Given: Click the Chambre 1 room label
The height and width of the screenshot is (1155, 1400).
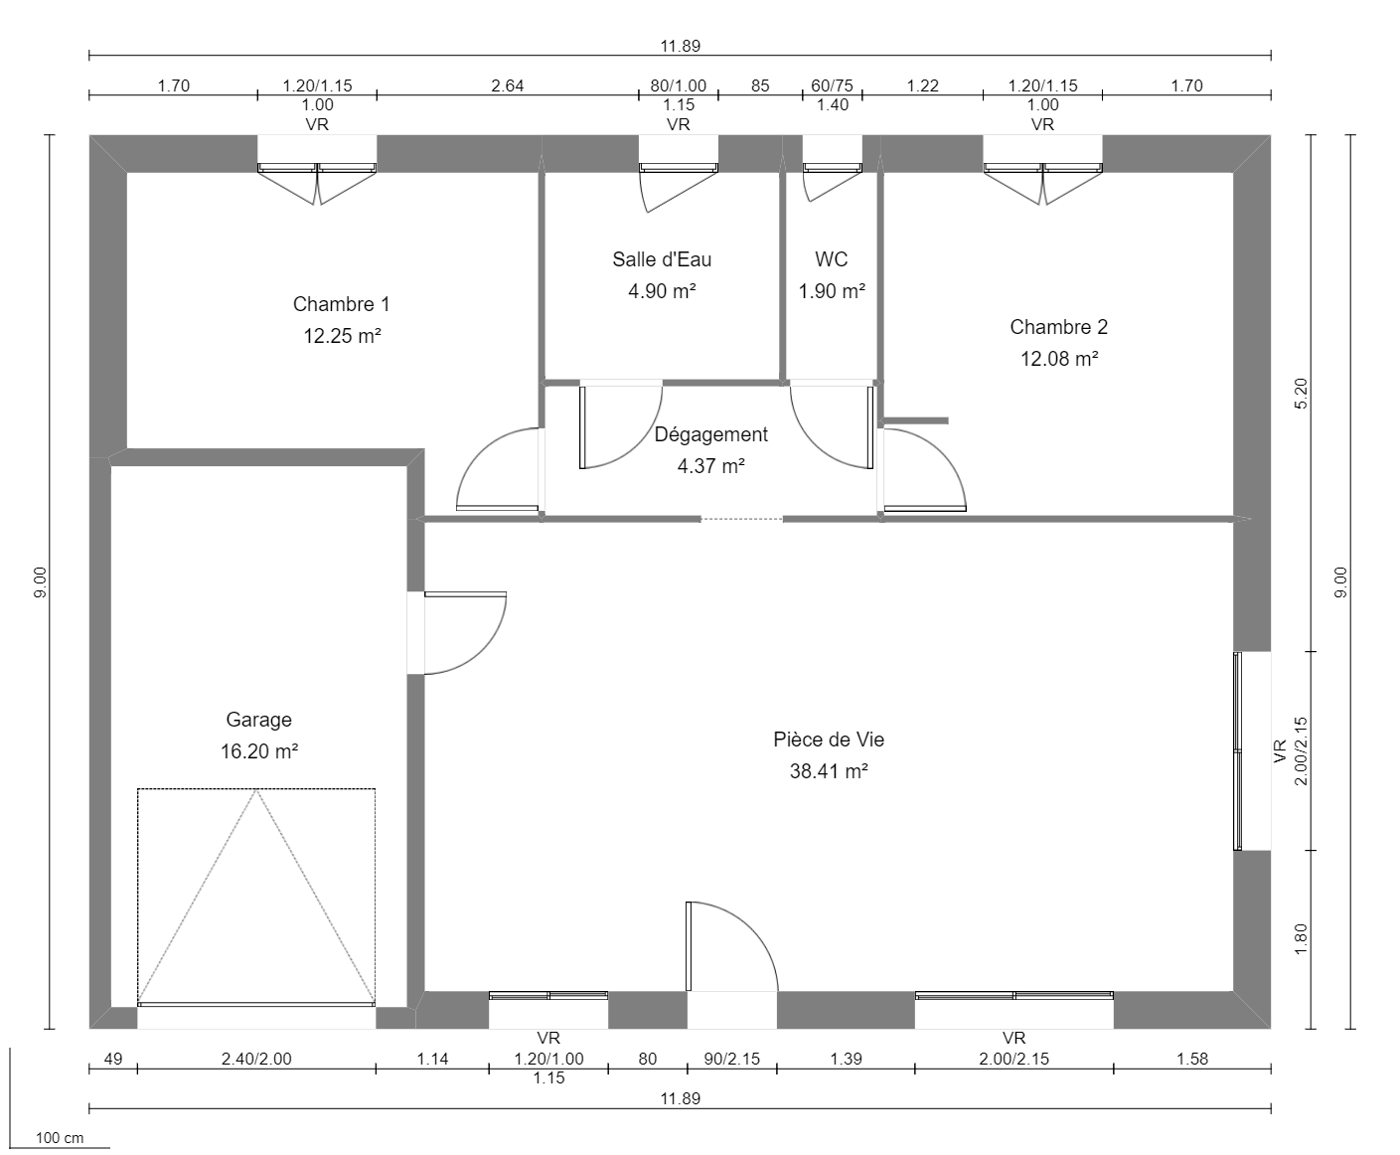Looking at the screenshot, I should pos(341,304).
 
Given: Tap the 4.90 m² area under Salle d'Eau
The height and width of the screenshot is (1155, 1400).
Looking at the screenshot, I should pos(662,291).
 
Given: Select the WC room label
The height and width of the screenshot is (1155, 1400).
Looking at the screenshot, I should pos(832,259).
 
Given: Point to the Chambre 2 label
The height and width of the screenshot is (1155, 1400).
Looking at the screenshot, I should pos(1058,327).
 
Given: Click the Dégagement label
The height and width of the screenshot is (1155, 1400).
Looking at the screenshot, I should pos(710,434).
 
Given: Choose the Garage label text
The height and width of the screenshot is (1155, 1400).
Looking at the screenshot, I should pos(258,720).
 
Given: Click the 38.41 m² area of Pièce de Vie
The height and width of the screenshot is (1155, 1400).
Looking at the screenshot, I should pos(829,771).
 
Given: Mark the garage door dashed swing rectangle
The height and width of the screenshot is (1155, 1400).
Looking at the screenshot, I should pos(256,895).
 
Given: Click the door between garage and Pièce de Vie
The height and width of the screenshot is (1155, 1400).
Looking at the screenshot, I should pos(462,633).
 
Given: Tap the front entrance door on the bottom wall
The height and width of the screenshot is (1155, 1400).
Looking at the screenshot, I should pos(730,949).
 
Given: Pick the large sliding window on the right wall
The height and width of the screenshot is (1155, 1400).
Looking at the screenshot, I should pos(1239,750).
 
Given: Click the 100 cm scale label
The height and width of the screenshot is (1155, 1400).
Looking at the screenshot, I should pos(60,1138).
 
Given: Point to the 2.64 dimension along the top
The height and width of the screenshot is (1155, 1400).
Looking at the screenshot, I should pos(507,85).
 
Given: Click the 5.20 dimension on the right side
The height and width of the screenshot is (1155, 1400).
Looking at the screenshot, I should pos(1303,393).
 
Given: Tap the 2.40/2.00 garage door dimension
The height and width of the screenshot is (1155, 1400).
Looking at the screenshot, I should pos(256,1059).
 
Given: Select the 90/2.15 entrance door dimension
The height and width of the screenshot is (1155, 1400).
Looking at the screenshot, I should pos(731,1059).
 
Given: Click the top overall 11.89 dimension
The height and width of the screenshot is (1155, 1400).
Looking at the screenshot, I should pos(680,46).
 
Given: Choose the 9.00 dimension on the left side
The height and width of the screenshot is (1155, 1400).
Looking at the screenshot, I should pos(40,581).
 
